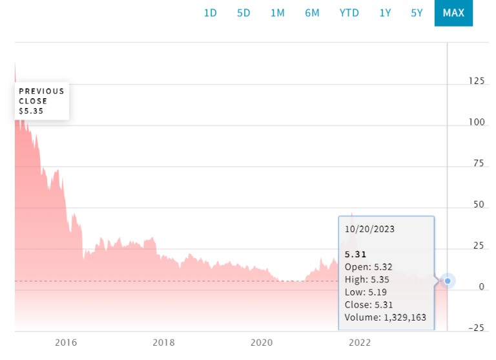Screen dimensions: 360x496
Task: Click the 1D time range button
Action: [x=211, y=13]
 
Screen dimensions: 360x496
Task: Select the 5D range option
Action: [x=243, y=13]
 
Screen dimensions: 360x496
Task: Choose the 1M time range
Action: [x=277, y=13]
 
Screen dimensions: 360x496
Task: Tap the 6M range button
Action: [x=312, y=13]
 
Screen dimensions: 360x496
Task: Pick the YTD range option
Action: [x=349, y=13]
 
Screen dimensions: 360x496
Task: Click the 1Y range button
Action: [x=385, y=13]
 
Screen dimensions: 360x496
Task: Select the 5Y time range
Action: [x=417, y=13]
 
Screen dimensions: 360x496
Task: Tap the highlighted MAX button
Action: [x=453, y=13]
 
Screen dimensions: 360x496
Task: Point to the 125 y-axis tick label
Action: [x=477, y=81]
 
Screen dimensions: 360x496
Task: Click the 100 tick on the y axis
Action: [x=477, y=122]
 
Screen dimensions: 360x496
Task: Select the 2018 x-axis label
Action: [x=163, y=343]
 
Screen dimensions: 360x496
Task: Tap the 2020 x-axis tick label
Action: [x=261, y=343]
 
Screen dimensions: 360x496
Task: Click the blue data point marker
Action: [x=447, y=281]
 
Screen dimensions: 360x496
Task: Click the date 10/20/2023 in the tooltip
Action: [x=370, y=229]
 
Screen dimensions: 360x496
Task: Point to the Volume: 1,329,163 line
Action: [x=385, y=317]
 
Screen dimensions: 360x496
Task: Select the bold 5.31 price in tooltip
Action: [x=355, y=254]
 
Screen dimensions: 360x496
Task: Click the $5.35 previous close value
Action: [x=31, y=111]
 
